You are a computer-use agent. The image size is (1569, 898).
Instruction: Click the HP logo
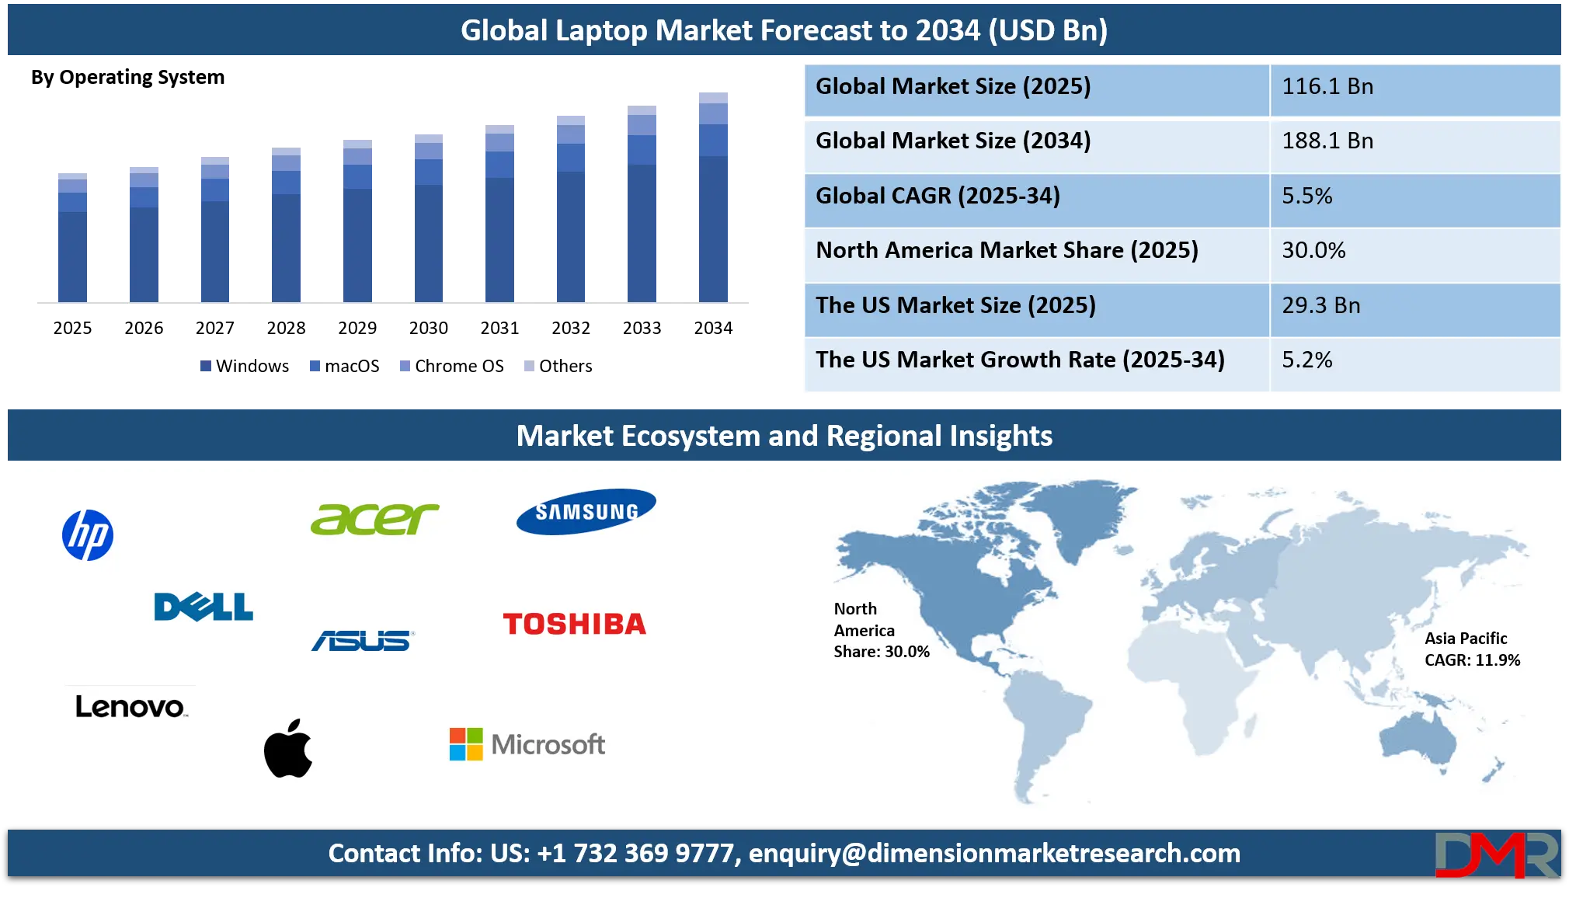pos(88,534)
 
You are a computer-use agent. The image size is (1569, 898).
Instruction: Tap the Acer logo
pos(374,519)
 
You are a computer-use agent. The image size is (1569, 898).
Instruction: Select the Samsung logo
pos(586,511)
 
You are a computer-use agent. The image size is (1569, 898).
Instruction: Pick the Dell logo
pos(204,607)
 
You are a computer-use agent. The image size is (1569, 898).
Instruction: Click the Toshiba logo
pos(574,624)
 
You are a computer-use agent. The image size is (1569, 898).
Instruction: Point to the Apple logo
pos(288,747)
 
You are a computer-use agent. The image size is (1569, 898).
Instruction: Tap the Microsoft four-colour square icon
pos(466,744)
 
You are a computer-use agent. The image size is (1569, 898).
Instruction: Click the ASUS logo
pos(363,640)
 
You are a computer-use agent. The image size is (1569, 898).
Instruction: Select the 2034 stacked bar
pos(713,197)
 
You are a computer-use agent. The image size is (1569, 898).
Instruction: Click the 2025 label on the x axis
pos(72,328)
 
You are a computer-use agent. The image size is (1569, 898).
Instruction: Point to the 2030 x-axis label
pos(429,328)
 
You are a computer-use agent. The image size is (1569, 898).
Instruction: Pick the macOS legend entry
pos(345,366)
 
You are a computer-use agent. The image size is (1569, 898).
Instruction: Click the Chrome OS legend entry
pos(452,366)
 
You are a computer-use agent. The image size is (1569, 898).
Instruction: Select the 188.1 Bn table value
pos(1327,141)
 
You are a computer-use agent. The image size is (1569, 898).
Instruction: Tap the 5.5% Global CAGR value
pos(1307,196)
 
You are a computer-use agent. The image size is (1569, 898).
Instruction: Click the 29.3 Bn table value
pos(1321,305)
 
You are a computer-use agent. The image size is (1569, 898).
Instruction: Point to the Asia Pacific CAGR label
pos(1472,649)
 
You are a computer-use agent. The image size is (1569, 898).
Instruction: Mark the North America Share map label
pos(882,630)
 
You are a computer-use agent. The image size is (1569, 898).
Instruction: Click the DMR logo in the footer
pos(1497,854)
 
